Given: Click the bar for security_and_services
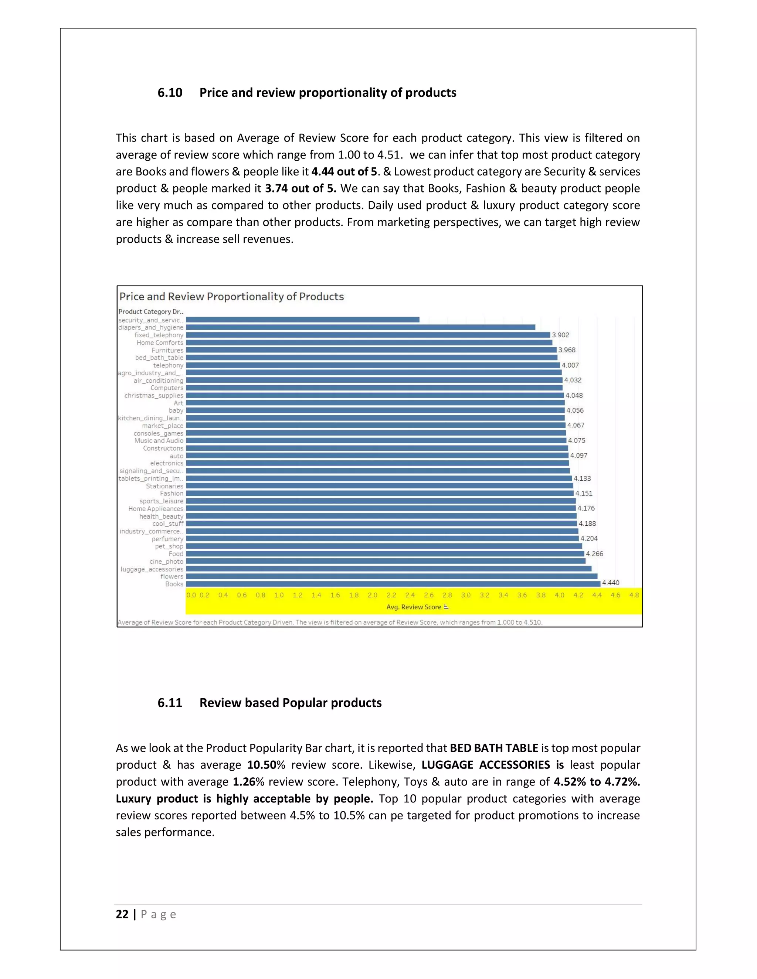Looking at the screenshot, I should coord(303,320).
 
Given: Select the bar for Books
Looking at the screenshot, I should coord(393,584).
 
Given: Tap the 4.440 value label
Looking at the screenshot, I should coord(610,583).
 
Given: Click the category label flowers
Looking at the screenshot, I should coord(172,576).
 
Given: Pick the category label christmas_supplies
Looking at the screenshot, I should coord(154,395).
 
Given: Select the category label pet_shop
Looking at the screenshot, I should coord(169,546).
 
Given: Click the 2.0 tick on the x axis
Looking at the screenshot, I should coord(372,595).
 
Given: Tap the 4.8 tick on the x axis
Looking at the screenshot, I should coord(634,595).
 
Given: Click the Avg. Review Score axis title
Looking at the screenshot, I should coord(414,607).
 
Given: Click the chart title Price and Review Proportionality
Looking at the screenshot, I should coord(231,297).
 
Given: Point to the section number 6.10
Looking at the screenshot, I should coord(170,93).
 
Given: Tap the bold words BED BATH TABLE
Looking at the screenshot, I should coord(494,748).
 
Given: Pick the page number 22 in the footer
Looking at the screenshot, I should coord(122,914).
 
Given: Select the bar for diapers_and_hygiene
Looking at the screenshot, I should coord(360,327).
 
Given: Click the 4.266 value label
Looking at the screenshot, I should coord(594,554).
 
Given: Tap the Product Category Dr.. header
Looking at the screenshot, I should coord(151,311).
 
